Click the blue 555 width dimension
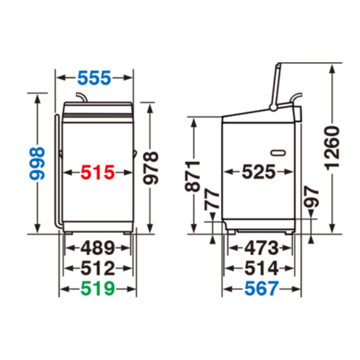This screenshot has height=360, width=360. click(x=94, y=78)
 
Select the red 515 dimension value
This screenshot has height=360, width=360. click(x=98, y=172)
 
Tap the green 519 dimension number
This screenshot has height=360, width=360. click(x=98, y=288)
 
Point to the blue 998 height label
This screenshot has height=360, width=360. click(x=37, y=164)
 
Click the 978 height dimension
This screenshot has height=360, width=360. click(x=151, y=168)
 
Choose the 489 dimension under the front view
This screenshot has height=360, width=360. click(x=98, y=248)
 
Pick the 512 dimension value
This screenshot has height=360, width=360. click(x=98, y=268)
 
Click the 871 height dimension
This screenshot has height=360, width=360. click(x=193, y=176)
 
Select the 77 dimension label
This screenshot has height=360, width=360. click(x=212, y=199)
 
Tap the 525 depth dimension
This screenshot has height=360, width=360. click(x=259, y=172)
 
